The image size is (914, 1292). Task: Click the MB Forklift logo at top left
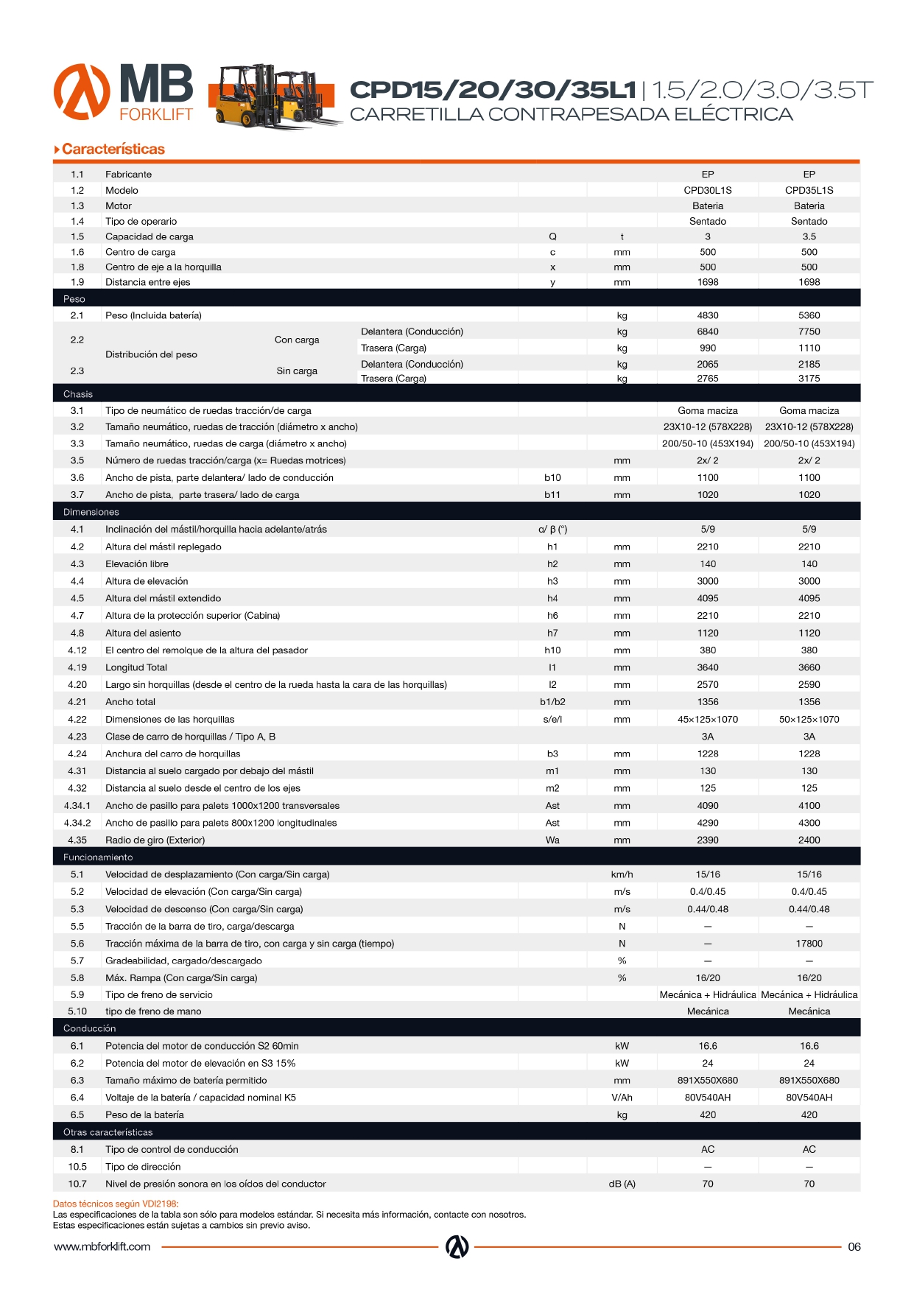coord(123,92)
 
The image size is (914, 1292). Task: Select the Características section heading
coord(113,149)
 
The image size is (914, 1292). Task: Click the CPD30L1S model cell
coord(707,190)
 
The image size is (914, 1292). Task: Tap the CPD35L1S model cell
coord(809,190)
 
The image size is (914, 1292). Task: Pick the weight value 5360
coord(809,315)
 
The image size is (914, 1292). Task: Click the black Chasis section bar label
coord(78,394)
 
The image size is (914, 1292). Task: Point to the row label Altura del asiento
coord(143,633)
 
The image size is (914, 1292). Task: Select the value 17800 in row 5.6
coord(809,944)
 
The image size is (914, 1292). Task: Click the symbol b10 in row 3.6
coord(552,478)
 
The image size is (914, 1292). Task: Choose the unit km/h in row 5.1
coord(622,874)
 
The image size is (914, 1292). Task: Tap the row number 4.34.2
coord(77,823)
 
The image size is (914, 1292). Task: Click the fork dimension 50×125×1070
coord(809,719)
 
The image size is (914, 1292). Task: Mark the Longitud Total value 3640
coord(707,667)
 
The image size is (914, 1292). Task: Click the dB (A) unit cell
coord(622,1184)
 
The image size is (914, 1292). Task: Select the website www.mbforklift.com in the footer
coord(102,1246)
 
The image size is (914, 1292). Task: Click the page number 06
coord(854,1246)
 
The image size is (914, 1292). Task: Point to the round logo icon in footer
coord(457,1246)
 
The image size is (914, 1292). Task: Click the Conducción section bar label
coord(89,1028)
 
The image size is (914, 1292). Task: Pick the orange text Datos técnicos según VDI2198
coord(116,1204)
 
